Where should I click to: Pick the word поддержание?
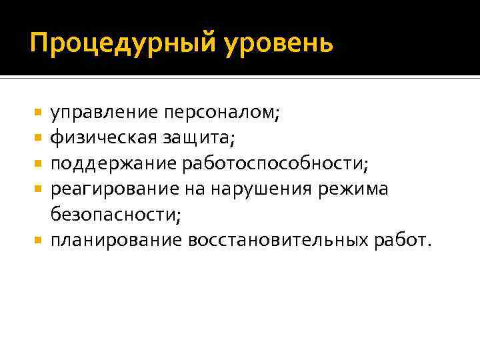point(108,163)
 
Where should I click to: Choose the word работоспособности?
point(278,163)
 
